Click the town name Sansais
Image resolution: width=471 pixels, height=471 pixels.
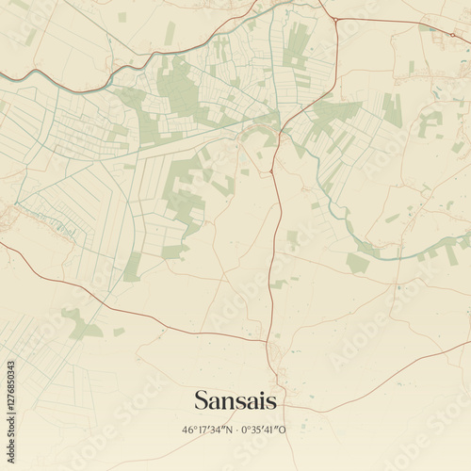[x=235, y=400]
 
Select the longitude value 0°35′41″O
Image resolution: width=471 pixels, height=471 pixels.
[x=264, y=430]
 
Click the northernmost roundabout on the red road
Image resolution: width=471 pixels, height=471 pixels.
[x=333, y=19]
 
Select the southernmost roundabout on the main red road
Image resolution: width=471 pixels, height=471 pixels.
[x=271, y=172]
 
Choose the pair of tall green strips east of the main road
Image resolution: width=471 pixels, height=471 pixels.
[x=392, y=109]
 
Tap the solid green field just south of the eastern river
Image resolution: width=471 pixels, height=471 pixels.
[x=357, y=263]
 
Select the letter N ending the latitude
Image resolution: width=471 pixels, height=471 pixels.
[x=230, y=430]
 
